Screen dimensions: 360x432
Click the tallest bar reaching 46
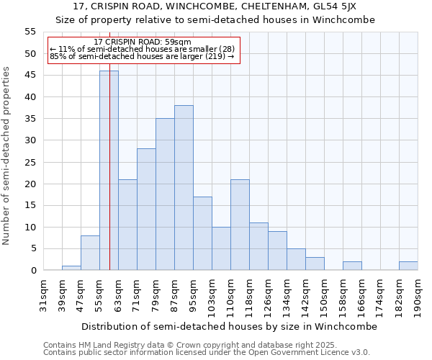[109, 171]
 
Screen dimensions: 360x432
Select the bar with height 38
[184, 188]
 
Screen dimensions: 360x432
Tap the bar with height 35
[165, 194]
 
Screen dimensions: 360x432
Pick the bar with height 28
[146, 210]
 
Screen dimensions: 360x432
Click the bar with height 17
[202, 233]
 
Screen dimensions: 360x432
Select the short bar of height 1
[71, 268]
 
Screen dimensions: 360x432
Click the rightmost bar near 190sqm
[408, 266]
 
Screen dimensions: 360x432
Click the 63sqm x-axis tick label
[119, 293]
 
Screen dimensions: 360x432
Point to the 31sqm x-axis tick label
[44, 293]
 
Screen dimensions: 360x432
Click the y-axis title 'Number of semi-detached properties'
[7, 156]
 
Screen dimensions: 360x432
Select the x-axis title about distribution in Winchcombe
[229, 326]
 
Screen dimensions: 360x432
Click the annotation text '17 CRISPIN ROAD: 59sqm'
[143, 42]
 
